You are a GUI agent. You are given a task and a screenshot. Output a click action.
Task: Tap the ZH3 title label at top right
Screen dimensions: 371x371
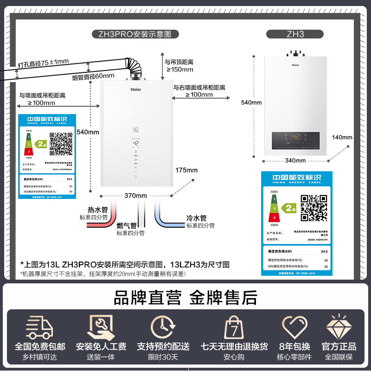[295, 34]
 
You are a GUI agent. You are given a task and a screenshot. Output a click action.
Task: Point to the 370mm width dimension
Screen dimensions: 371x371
[135, 195]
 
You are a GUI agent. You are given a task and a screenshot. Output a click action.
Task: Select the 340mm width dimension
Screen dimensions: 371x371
[295, 160]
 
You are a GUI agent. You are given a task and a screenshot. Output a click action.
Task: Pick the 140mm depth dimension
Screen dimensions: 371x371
[342, 137]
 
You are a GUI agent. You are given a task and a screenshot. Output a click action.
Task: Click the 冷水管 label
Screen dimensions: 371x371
[196, 218]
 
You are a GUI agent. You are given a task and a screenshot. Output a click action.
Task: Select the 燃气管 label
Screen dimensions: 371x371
[127, 226]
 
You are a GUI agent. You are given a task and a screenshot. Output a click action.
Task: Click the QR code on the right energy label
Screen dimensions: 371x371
[311, 208]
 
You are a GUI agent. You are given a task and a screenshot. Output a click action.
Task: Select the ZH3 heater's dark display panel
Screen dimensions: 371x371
[295, 138]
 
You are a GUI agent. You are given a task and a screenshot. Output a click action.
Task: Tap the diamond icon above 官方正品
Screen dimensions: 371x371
[339, 328]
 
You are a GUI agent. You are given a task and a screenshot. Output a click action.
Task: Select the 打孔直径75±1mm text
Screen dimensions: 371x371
[43, 62]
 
